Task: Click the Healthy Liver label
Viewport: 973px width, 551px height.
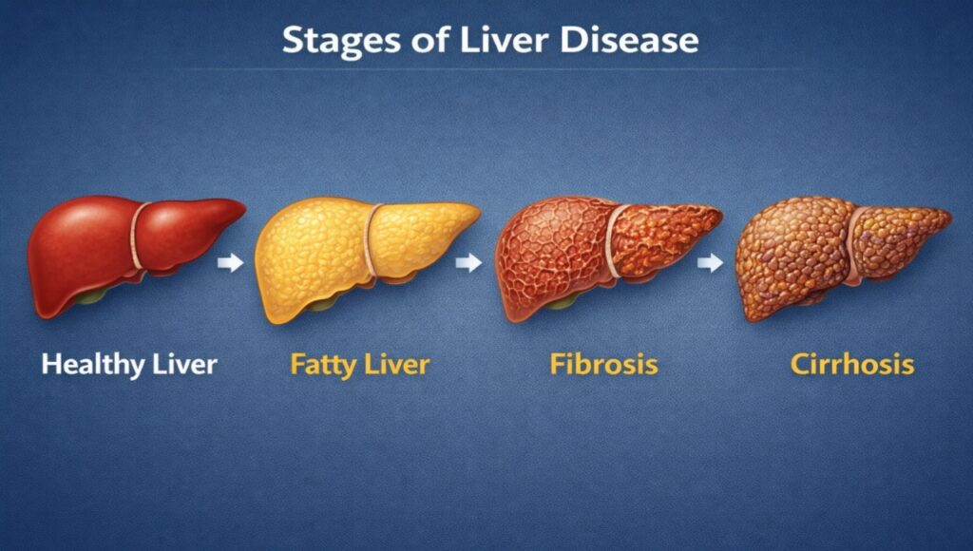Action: (129, 364)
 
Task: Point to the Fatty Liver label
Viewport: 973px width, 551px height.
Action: (359, 364)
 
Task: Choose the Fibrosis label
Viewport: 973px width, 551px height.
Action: (603, 364)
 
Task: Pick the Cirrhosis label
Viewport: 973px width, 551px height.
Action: (851, 364)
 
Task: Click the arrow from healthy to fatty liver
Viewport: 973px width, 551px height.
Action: (230, 263)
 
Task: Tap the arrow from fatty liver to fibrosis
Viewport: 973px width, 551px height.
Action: (468, 263)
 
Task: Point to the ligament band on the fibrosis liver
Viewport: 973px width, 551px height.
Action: (613, 244)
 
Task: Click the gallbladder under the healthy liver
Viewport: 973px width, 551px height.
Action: (90, 296)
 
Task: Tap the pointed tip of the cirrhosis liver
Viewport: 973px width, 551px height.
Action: (947, 217)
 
